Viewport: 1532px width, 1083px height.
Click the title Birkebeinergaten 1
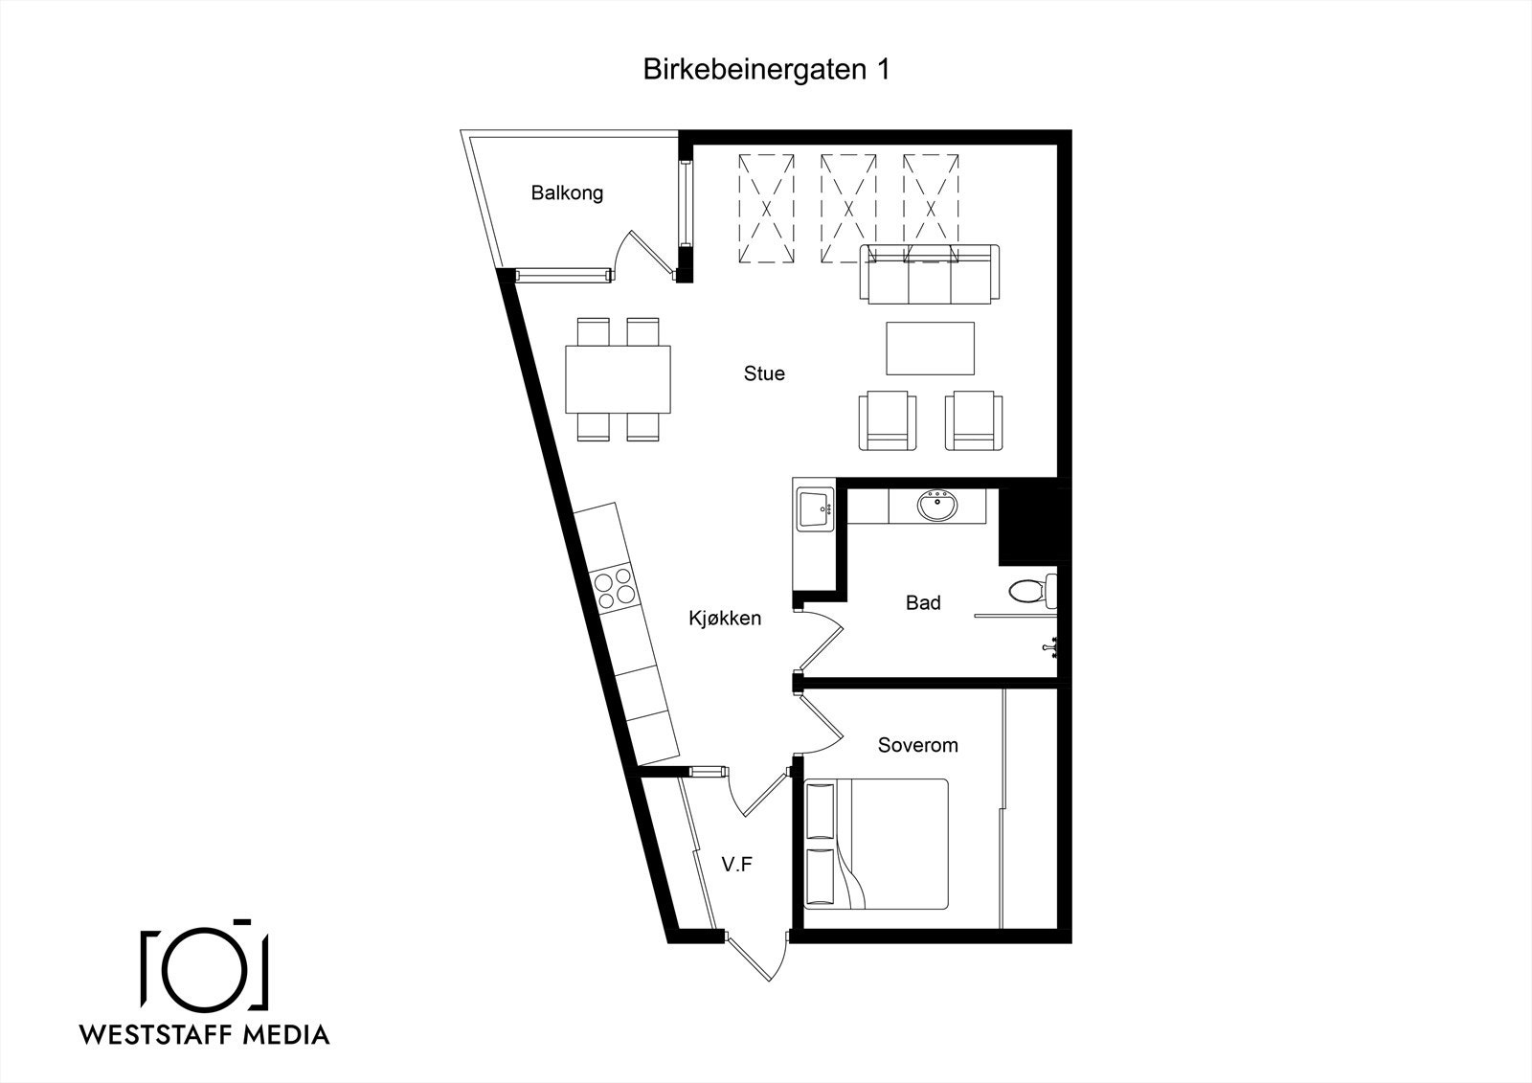[766, 70]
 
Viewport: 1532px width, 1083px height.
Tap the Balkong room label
[567, 192]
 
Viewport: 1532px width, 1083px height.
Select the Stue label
[764, 373]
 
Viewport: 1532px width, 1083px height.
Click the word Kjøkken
[725, 618]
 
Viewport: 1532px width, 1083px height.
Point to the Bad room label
[923, 602]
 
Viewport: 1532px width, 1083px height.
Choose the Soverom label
[917, 745]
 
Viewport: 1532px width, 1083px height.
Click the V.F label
[736, 865]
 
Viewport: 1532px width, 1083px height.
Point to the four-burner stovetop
[614, 585]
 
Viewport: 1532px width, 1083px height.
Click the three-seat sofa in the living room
[929, 276]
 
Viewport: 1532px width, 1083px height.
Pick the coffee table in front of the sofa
[930, 349]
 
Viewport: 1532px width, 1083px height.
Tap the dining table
[618, 378]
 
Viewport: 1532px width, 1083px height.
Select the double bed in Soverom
[877, 843]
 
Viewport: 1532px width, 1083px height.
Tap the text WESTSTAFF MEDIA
[205, 1034]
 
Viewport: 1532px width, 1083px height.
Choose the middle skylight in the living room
[848, 209]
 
